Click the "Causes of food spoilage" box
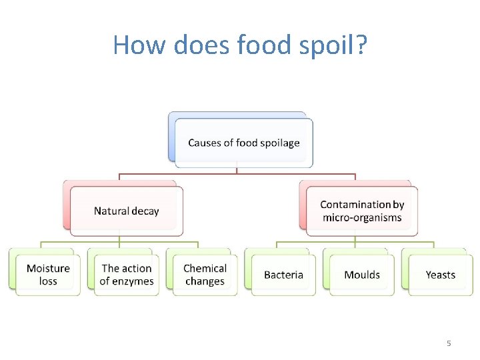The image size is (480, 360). tap(243, 143)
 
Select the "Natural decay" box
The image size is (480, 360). tap(127, 211)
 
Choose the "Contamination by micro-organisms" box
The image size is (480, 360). tap(362, 211)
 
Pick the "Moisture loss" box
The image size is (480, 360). tap(48, 275)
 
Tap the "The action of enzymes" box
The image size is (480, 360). tap(127, 275)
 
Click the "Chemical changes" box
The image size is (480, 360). tap(205, 275)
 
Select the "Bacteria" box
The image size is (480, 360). tap(283, 275)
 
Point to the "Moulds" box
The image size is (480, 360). tap(362, 275)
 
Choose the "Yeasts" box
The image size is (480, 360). tap(441, 275)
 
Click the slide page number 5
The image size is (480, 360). tap(449, 343)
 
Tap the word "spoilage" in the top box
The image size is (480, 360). tap(279, 143)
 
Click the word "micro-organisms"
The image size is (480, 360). tap(362, 217)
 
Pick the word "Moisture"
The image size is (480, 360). tap(48, 269)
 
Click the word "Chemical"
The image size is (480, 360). tap(205, 269)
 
